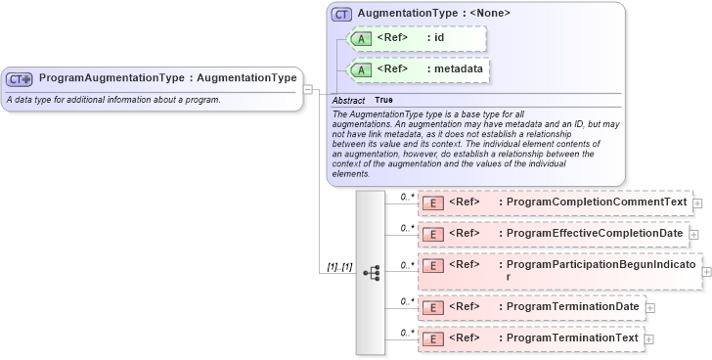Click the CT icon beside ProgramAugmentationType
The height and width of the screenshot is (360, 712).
point(20,78)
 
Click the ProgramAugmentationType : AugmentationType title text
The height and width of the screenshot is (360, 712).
point(167,77)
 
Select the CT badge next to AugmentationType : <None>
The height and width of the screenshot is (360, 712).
point(341,14)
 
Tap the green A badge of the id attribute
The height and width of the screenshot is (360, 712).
point(360,38)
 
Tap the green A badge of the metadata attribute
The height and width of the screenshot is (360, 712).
point(360,69)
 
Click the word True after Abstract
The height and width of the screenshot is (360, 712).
point(383,101)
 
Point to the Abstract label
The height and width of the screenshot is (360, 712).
point(348,101)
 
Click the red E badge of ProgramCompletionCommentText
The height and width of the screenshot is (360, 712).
point(432,203)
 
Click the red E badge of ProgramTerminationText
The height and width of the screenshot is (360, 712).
point(432,338)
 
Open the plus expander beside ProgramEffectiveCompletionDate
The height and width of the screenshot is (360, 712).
point(693,235)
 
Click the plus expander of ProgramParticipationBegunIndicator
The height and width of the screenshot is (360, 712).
point(706,271)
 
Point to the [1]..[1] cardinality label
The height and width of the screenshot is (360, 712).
point(338,266)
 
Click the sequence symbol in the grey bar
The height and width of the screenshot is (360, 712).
point(372,273)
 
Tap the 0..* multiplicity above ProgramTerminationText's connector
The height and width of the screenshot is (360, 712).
point(407,332)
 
